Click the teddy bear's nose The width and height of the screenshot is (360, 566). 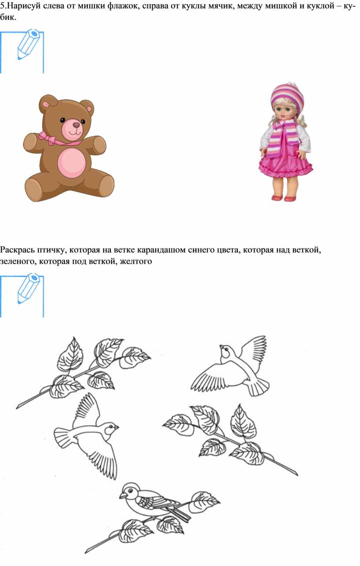click(76, 125)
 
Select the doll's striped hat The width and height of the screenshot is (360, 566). click(288, 97)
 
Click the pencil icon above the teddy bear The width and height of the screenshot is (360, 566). click(28, 44)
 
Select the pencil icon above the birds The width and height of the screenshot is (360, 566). click(28, 288)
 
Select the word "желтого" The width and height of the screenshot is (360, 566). click(136, 261)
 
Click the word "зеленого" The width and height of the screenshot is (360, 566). click(18, 261)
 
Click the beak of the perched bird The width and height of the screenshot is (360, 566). click(122, 495)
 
